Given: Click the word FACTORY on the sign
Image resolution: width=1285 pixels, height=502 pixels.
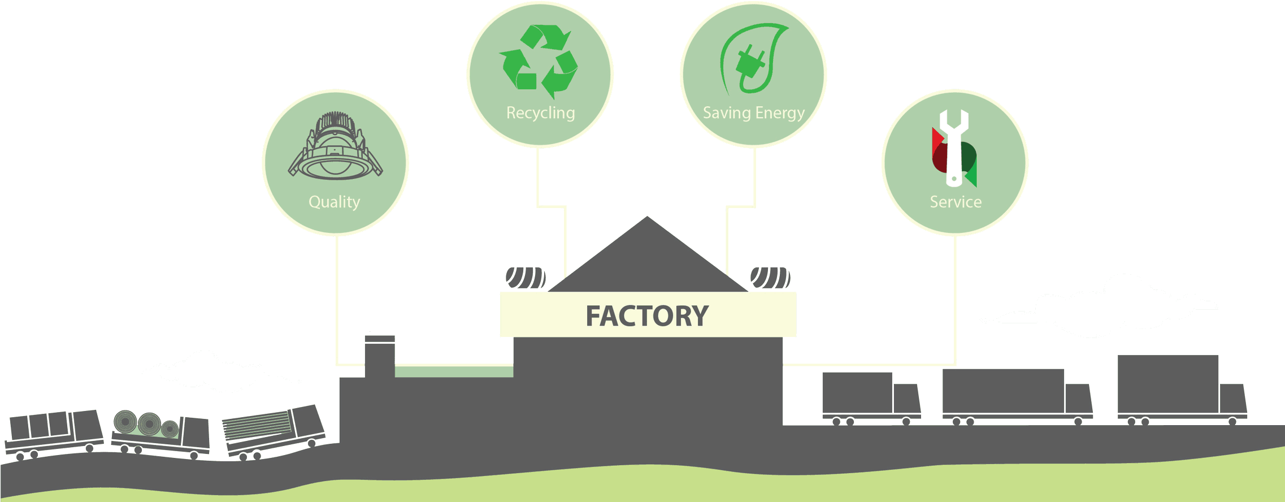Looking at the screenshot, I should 646,316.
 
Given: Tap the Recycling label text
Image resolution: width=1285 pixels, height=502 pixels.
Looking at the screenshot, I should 540,113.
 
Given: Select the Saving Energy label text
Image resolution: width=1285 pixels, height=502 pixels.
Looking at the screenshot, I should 753,113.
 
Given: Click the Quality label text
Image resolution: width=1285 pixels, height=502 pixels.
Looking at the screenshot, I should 334,202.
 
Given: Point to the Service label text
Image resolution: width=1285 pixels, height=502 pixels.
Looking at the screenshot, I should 956,202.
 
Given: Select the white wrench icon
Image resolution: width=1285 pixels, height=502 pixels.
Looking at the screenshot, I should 953,147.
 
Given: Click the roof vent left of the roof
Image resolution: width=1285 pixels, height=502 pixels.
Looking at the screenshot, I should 525,278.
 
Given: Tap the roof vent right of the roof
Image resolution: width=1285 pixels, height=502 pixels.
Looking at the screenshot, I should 770,278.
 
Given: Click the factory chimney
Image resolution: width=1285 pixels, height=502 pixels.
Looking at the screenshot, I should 380,356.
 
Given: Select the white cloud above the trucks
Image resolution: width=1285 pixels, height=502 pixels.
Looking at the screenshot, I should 1102,308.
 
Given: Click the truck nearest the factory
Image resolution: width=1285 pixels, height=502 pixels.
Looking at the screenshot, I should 870,396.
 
